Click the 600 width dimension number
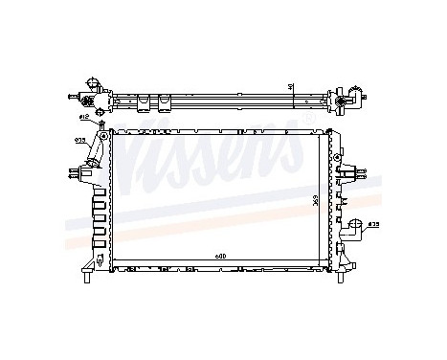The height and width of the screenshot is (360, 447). (221, 255)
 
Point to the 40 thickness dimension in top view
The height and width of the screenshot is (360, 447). (290, 88)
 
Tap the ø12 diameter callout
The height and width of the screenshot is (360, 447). (84, 117)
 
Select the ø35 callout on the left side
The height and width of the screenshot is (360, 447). (79, 140)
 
